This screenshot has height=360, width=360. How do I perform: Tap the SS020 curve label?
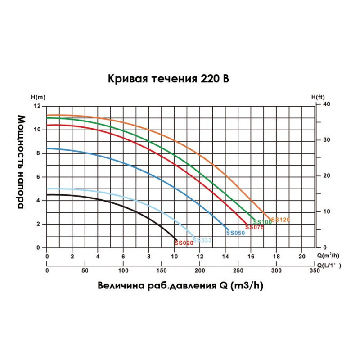click(x=183, y=243)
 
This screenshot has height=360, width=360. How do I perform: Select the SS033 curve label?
click(x=202, y=240)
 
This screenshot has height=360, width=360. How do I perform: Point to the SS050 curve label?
click(x=235, y=233)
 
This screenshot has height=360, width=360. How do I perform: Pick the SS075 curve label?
click(x=254, y=227)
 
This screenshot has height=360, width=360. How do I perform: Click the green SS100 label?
click(x=262, y=222)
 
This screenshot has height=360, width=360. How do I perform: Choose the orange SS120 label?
click(x=280, y=220)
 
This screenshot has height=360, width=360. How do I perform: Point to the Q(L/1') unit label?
click(x=327, y=265)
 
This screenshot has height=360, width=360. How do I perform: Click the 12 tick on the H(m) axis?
click(x=38, y=106)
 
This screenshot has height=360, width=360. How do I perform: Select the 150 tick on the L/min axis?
click(x=162, y=271)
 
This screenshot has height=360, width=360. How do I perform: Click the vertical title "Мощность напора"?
click(x=22, y=162)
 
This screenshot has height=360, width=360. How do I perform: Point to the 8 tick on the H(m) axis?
click(x=39, y=153)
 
